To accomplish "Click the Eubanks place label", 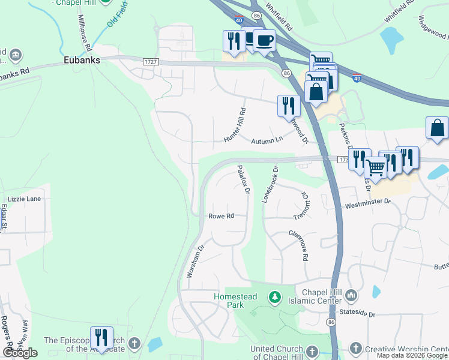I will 82,61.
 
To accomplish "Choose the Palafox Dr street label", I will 243,180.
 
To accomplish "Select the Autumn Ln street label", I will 267,140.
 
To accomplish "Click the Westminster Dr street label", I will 367,205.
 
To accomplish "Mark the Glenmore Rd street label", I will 298,245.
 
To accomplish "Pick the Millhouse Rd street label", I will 84,33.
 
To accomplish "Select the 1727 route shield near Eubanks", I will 151,62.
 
